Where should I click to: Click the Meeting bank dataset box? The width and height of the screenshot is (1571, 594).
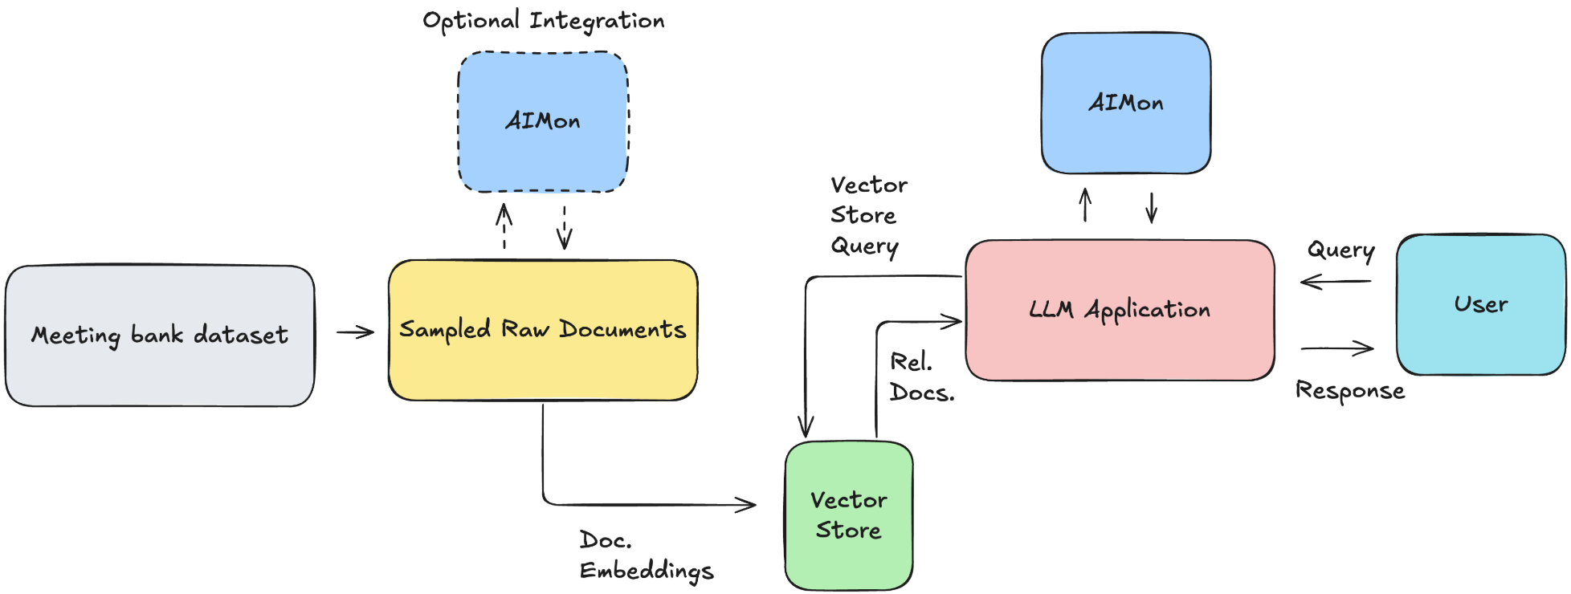click(x=160, y=336)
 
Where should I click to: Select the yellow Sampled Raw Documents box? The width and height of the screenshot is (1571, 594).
click(x=543, y=330)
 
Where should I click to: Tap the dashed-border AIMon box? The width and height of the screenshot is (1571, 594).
click(x=543, y=122)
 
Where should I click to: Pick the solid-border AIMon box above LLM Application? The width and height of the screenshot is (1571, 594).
click(x=1126, y=104)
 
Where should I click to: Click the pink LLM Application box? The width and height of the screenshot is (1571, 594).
click(x=1120, y=310)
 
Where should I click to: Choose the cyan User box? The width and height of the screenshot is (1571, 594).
click(x=1481, y=304)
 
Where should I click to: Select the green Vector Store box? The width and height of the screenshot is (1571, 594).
click(x=849, y=515)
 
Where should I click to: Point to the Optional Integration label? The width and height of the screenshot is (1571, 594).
click(x=544, y=21)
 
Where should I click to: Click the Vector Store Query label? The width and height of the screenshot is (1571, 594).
click(x=867, y=216)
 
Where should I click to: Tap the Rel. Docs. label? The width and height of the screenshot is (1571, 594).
click(x=921, y=377)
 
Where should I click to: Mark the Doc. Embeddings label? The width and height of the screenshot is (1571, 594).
click(x=646, y=555)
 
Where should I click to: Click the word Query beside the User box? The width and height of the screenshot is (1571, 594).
click(x=1340, y=250)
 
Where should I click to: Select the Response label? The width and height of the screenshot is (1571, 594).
click(x=1350, y=391)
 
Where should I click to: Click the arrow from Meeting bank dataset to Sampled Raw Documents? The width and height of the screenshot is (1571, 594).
click(x=355, y=332)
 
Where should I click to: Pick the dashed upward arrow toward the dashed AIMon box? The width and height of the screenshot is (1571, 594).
click(x=504, y=226)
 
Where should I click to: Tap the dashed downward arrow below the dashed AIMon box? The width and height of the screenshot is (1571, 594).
click(x=565, y=227)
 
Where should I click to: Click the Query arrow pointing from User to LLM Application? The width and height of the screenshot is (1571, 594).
click(x=1336, y=282)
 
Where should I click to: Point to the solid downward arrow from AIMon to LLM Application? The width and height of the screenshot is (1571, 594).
click(x=1152, y=207)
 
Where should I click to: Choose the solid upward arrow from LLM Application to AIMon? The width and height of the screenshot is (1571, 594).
click(x=1085, y=205)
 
